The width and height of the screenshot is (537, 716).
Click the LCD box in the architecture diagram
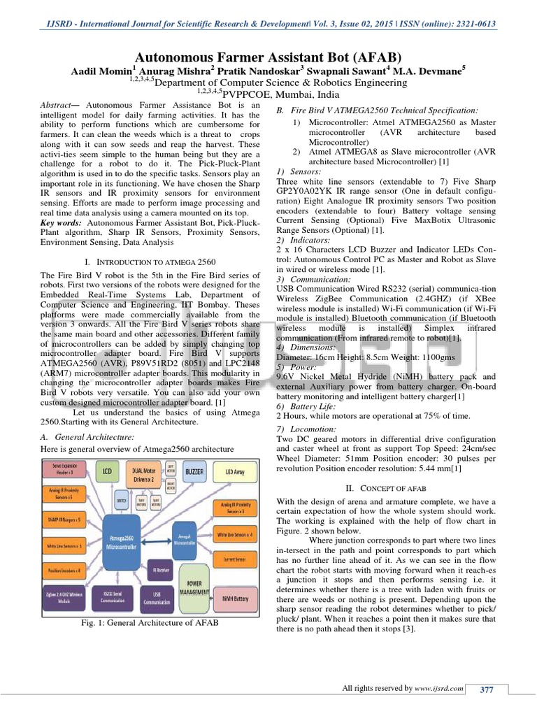coord(106,473)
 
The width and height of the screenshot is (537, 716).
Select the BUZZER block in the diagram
coord(195,473)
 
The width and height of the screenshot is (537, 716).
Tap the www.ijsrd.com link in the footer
coord(439,689)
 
